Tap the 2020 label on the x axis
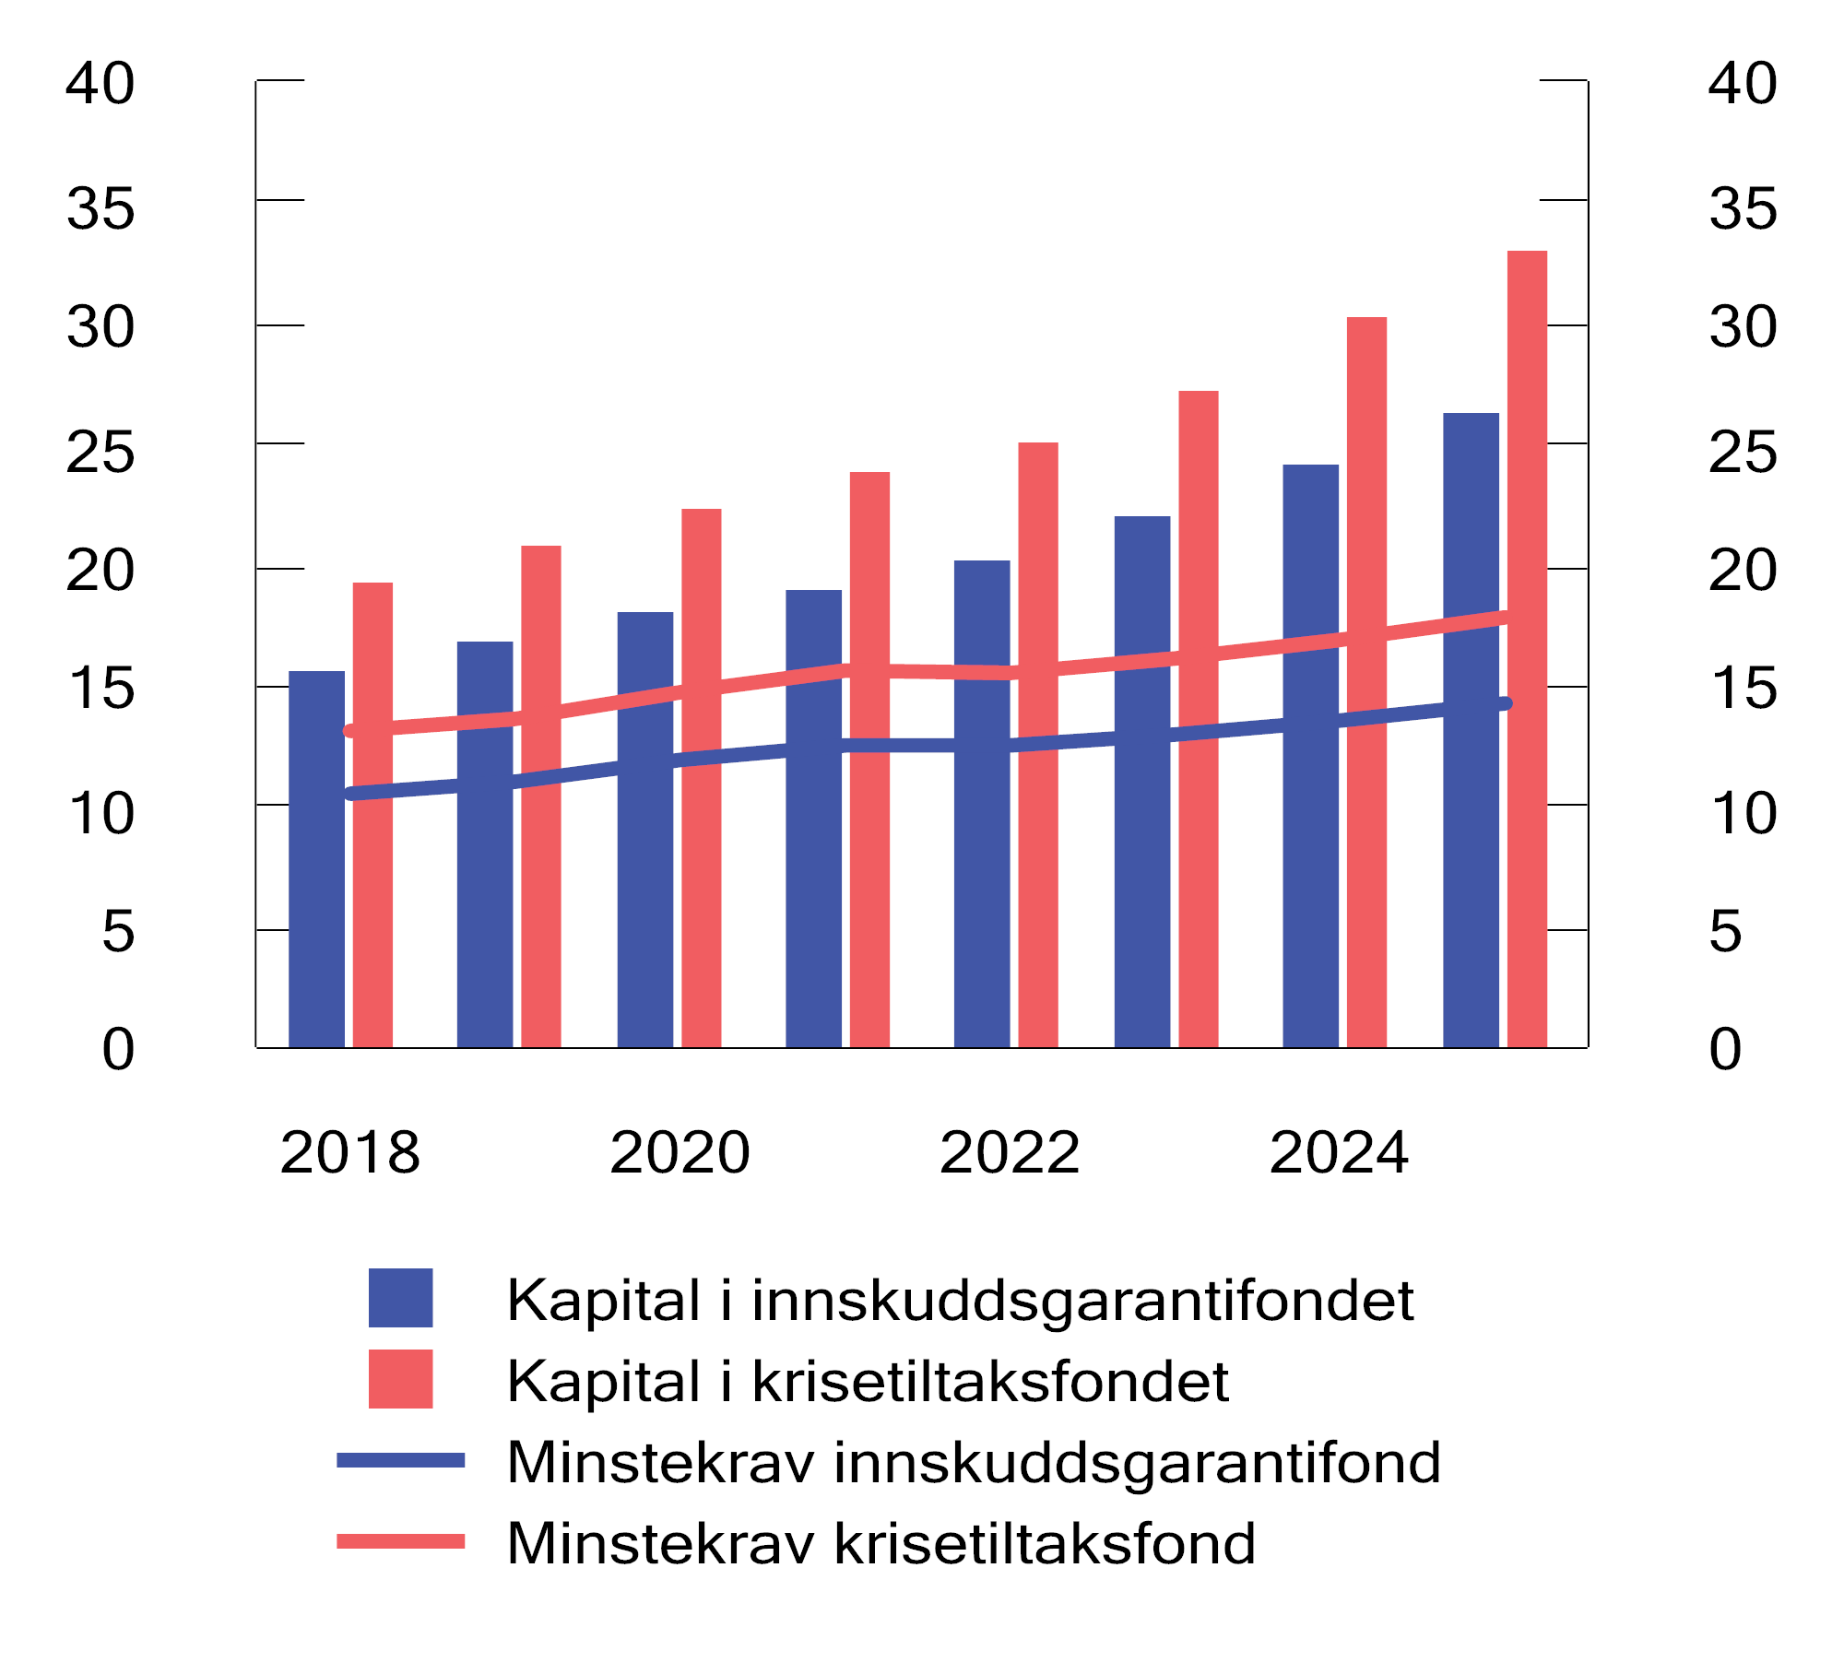tap(680, 1152)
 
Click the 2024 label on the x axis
tap(1339, 1152)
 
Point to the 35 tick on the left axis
tap(100, 208)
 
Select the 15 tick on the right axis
tap(1743, 688)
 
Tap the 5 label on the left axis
tap(118, 931)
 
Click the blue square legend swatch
tap(400, 1298)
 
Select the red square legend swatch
tap(400, 1379)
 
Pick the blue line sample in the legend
tap(400, 1460)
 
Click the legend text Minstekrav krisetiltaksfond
tap(881, 1543)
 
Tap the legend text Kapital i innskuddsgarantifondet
tap(959, 1300)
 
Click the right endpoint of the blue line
tap(1505, 703)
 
